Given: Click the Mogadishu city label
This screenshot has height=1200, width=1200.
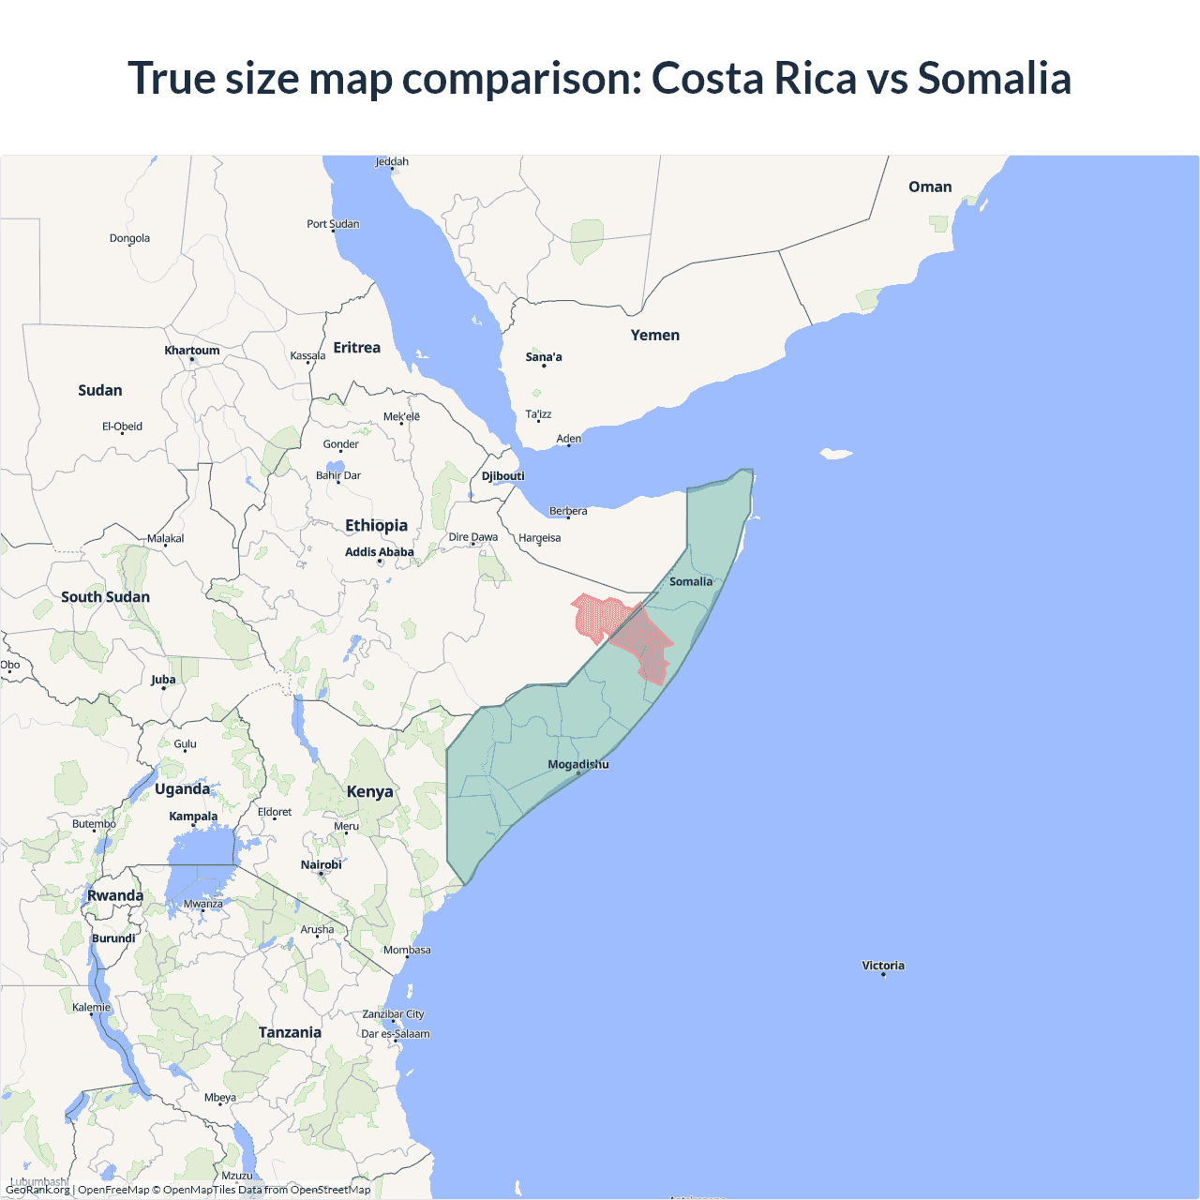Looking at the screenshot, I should [577, 764].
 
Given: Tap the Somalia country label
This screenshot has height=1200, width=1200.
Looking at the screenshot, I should [690, 581].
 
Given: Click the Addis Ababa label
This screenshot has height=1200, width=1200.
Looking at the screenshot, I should [379, 552].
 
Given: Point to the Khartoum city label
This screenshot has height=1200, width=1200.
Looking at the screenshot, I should [191, 351].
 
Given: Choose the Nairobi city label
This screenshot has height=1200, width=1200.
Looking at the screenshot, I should [321, 865].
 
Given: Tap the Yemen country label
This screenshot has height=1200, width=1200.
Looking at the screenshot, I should [654, 336].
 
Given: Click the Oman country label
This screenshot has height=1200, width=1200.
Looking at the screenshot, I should [929, 187].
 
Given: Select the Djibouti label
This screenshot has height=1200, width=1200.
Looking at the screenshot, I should [502, 476].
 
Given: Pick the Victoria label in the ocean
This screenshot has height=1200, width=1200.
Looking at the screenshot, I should [883, 966].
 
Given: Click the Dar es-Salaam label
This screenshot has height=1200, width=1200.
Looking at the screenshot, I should [396, 1034].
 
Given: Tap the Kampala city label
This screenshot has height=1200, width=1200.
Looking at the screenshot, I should [193, 817].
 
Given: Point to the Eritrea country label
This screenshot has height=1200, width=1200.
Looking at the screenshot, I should [356, 348].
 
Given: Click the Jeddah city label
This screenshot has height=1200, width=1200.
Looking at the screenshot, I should [392, 162].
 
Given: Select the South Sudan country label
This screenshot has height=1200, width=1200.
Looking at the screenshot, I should [105, 597].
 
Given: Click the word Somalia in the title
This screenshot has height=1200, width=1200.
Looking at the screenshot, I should [994, 78].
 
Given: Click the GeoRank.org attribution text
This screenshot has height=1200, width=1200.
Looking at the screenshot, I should [37, 1190].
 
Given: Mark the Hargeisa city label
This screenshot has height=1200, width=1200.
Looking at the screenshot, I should [539, 538].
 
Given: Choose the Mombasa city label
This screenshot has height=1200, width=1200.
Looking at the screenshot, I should [407, 951].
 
